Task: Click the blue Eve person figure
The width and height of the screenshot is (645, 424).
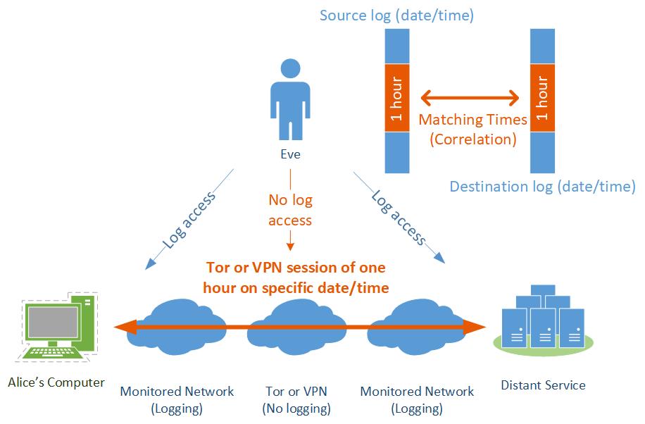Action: point(289,99)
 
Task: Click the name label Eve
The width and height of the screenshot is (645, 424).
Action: point(290,154)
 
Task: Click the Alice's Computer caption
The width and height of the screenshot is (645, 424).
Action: point(56,382)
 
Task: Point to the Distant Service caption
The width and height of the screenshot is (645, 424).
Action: point(543,385)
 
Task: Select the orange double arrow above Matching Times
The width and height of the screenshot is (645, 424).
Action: point(470,97)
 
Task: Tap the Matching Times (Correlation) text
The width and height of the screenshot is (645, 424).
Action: point(472,130)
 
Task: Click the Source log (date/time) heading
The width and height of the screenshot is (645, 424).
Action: point(396,15)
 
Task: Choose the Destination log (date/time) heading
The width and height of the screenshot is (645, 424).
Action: point(542,187)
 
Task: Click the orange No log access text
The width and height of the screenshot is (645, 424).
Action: point(290,210)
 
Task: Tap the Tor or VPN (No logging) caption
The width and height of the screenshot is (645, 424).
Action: point(296,399)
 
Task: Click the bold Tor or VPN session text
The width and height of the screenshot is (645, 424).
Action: point(295,278)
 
